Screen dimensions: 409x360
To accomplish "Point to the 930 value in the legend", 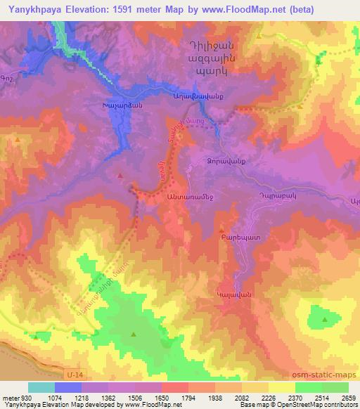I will [x=26, y=398].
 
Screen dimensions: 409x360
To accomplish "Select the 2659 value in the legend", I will [x=348, y=398].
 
